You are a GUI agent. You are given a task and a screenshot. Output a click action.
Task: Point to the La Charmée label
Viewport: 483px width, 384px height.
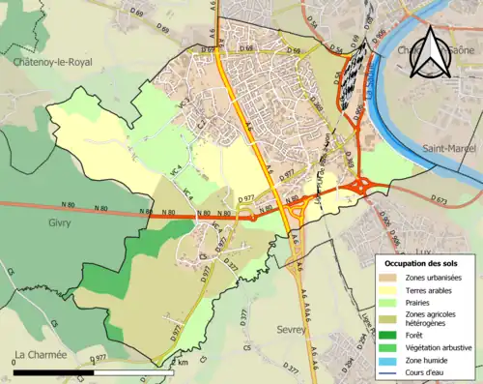(x=41, y=354)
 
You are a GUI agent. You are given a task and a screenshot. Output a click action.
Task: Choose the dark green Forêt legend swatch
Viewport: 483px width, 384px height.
(x=390, y=335)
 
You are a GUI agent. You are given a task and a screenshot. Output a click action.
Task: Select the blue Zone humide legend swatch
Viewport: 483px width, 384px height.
(x=390, y=363)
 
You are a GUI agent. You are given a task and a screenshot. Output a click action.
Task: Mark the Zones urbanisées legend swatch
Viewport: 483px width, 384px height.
(x=390, y=278)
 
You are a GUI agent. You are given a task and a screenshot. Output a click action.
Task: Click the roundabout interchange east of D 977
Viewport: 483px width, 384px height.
(x=366, y=186)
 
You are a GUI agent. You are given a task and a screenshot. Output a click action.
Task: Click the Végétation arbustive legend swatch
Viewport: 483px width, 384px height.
(x=390, y=349)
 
